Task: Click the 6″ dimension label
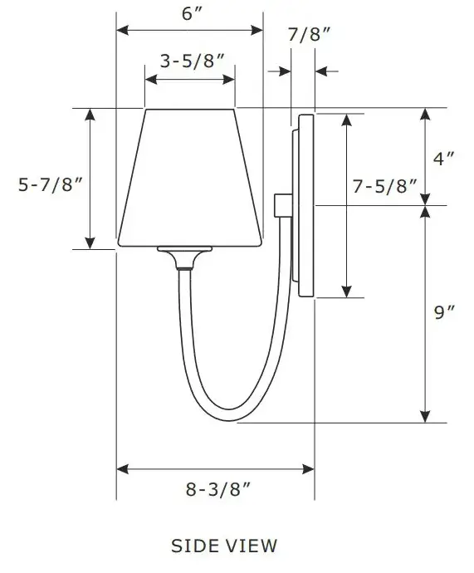(190, 14)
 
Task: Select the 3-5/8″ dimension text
(191, 61)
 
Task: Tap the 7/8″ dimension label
(309, 34)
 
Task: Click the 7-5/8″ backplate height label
(384, 187)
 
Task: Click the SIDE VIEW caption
(224, 546)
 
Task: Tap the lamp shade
(190, 179)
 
